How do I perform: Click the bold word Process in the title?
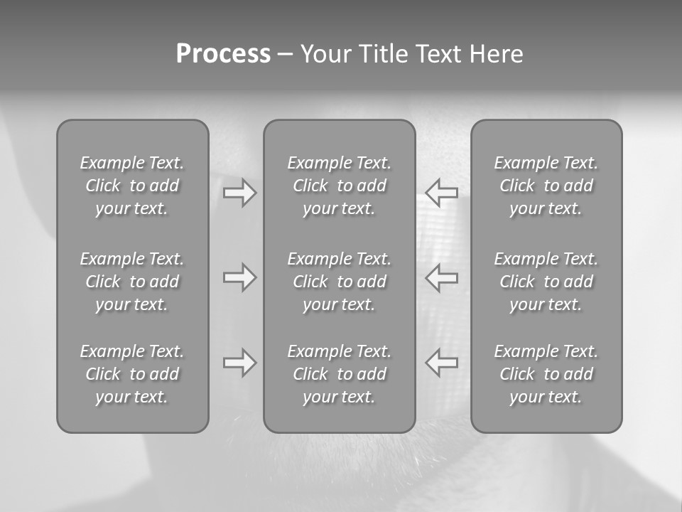point(223,54)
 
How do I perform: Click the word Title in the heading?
point(384,54)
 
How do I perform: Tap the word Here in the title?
point(495,54)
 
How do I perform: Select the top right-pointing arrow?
point(239,193)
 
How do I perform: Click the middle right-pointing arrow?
point(239,277)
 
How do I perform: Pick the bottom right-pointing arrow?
point(239,363)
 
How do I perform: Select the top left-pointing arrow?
point(441,193)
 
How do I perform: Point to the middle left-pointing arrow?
point(441,277)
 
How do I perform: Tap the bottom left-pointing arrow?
point(441,363)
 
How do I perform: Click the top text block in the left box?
point(132,186)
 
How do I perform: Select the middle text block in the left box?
point(132,282)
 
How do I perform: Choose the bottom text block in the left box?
point(132,374)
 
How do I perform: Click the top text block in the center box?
point(339,186)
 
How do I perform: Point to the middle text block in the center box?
point(339,282)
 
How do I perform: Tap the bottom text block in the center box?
point(339,374)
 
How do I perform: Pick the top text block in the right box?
point(546,186)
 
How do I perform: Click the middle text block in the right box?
point(546,282)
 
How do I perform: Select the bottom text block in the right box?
point(546,374)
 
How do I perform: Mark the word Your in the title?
point(326,54)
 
